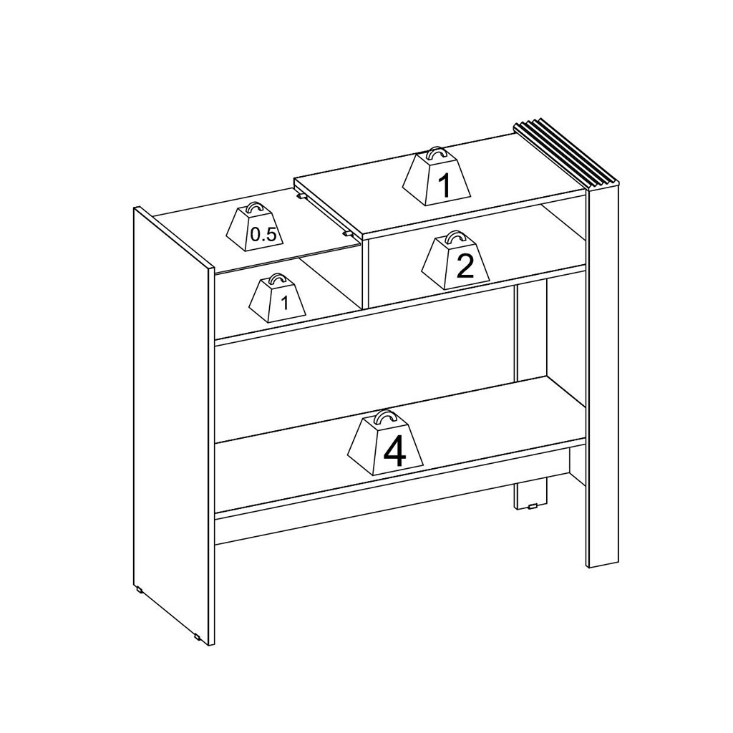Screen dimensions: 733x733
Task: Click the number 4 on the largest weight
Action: coord(394,452)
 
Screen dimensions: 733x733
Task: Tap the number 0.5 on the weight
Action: coord(263,235)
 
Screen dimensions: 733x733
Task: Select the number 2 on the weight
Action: coord(465,266)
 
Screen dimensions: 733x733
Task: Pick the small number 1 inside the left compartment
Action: coord(285,303)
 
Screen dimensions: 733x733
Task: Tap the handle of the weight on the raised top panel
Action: coord(436,155)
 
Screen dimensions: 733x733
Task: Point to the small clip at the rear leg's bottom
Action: coord(532,506)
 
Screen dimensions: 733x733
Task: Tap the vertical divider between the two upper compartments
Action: coord(365,273)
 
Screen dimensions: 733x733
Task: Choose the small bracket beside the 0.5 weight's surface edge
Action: coord(346,233)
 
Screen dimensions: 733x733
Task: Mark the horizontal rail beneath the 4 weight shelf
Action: coord(399,526)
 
